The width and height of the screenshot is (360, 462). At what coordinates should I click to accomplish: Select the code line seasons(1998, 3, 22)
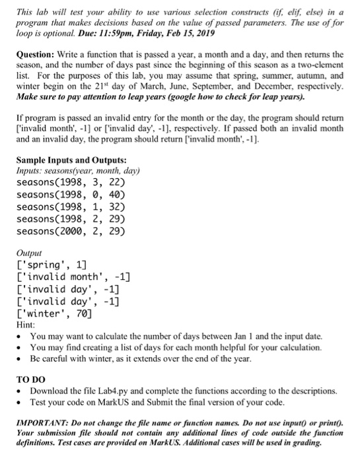69,182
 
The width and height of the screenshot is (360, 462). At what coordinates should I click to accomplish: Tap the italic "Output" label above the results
28,253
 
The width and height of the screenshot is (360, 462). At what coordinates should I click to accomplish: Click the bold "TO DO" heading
30,380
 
